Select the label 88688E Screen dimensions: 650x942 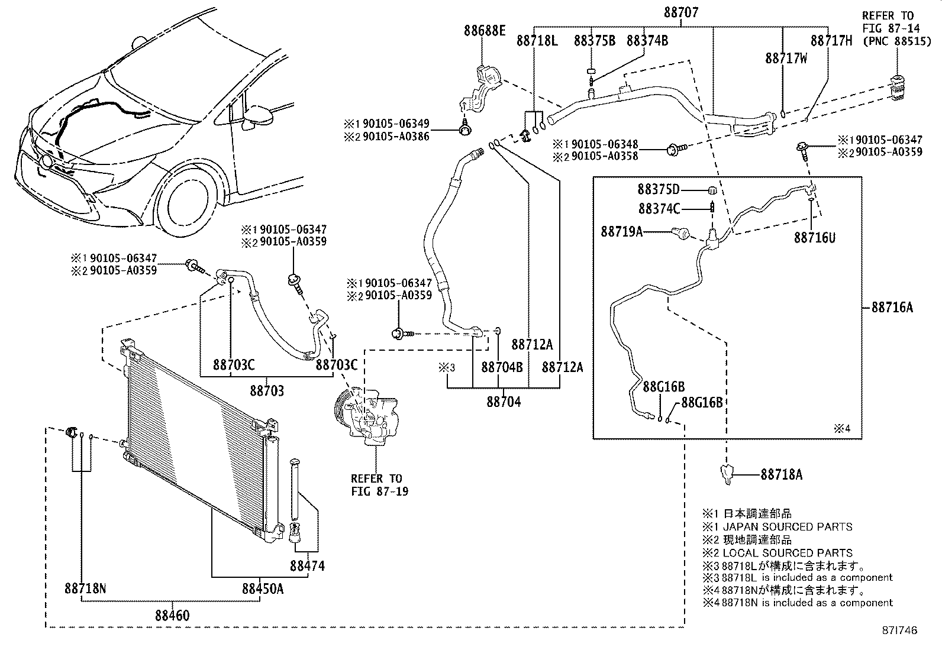click(x=485, y=31)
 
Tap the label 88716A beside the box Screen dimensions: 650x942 click(x=892, y=307)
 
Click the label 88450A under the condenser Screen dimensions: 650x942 click(x=262, y=588)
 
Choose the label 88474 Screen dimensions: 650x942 click(x=307, y=565)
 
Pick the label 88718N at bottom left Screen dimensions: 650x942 click(x=85, y=588)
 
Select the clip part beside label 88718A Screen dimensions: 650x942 click(x=726, y=474)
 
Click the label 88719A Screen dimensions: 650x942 click(x=621, y=232)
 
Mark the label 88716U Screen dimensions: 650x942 click(x=815, y=237)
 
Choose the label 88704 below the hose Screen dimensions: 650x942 click(x=504, y=402)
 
